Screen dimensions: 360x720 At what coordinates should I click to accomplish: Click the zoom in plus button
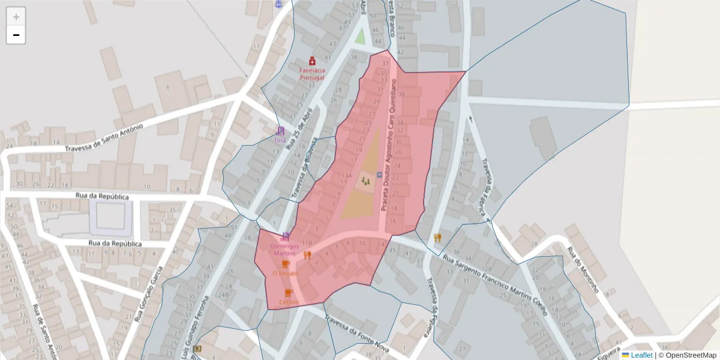[16, 17]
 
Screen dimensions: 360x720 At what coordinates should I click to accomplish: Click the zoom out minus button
[16, 35]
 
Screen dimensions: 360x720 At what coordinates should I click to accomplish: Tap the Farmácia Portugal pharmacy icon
[312, 61]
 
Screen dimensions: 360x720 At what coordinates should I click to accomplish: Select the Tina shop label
[280, 140]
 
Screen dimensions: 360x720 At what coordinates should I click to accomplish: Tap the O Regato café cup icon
[286, 264]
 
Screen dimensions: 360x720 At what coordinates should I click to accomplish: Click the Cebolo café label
[289, 301]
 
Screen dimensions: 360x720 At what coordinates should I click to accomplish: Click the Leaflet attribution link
[641, 355]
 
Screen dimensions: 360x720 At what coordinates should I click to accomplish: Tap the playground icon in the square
[365, 181]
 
